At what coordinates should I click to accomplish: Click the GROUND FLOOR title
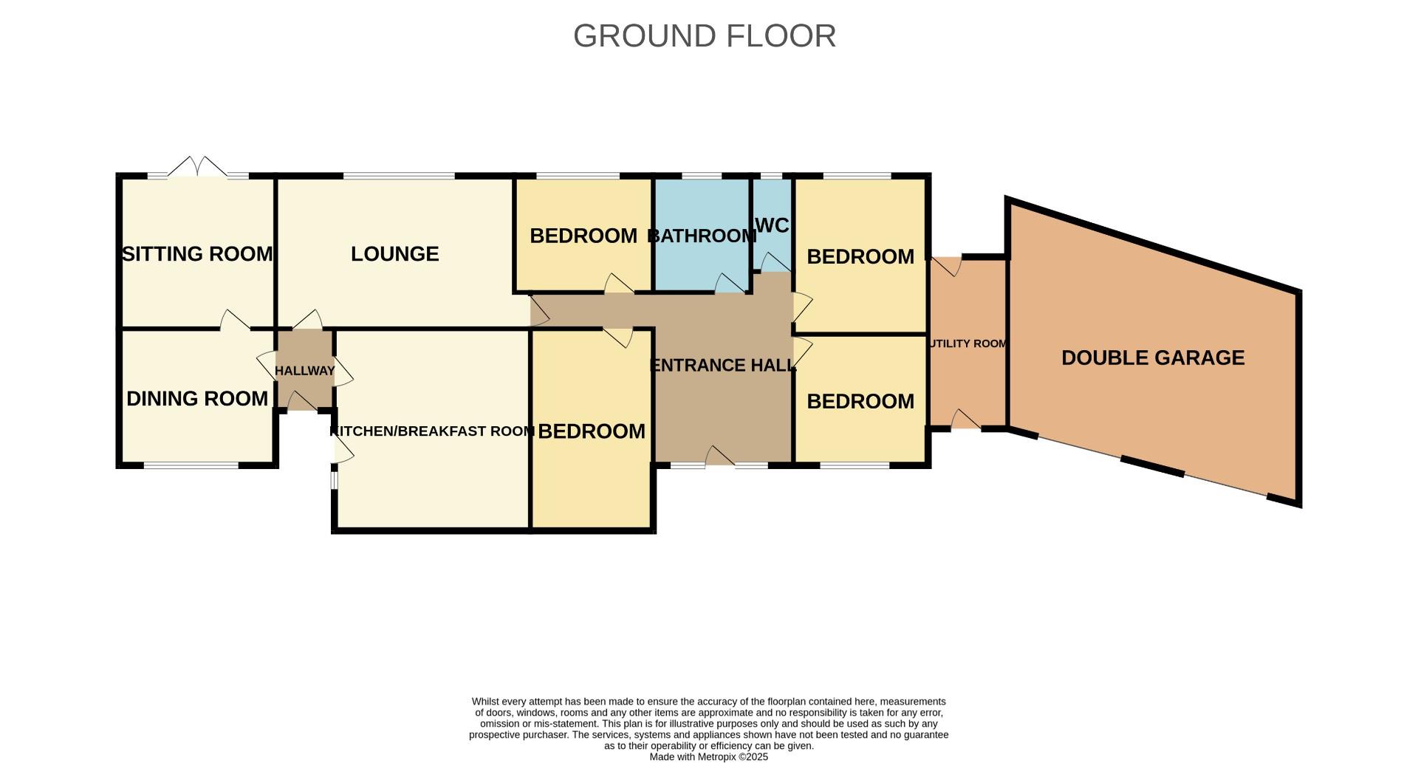704,36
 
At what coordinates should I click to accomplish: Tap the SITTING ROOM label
197,254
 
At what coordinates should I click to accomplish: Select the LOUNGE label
394,254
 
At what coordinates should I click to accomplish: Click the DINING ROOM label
197,399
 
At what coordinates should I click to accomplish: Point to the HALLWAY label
304,371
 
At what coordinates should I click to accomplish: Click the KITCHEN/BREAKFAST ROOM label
432,431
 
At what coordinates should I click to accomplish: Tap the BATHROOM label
702,236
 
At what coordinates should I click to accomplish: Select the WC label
773,225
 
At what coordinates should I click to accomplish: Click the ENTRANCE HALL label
722,366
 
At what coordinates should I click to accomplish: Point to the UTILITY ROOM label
967,343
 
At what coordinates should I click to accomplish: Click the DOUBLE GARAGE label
1153,358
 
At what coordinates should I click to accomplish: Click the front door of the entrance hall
720,457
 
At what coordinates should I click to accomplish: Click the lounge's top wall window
399,176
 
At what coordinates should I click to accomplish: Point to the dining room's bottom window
191,465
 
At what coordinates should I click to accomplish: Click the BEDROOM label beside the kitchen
592,431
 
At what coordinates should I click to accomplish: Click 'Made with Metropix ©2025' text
708,757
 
